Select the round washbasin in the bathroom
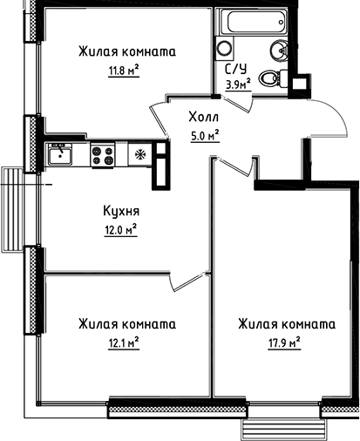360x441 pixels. pos(279,51)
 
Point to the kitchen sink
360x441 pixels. pos(60,154)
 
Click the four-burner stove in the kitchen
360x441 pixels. pos(103,155)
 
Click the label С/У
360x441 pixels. pos(234,71)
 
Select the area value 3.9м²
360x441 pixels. pos(238,85)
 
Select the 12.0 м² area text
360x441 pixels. pos(120,230)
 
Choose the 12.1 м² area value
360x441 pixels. pos(122,343)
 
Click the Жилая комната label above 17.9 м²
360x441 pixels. pos(286,324)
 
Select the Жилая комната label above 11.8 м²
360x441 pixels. pos(126,51)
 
